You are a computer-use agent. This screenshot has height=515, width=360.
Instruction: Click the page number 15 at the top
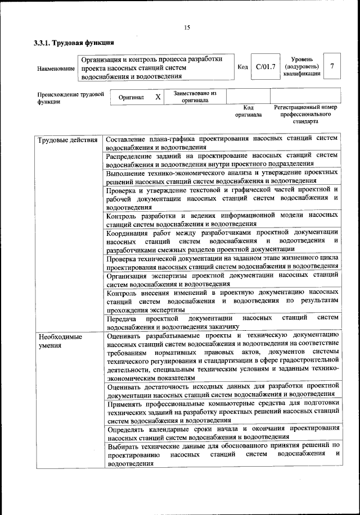(x=187, y=28)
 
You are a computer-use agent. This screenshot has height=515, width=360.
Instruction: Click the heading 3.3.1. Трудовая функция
(x=74, y=43)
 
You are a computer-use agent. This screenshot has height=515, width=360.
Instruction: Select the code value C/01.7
(x=265, y=67)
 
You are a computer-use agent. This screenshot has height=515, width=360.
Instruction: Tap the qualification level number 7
(x=332, y=66)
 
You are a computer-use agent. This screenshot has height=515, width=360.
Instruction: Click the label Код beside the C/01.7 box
(x=243, y=67)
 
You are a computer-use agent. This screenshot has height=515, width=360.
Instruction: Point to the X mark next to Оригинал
(x=158, y=97)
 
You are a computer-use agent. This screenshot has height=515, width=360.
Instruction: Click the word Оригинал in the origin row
(x=132, y=98)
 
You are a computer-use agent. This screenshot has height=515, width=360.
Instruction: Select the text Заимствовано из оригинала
(x=195, y=97)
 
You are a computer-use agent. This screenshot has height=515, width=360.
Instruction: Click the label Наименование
(x=56, y=69)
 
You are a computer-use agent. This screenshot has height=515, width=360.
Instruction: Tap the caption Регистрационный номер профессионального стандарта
(x=305, y=113)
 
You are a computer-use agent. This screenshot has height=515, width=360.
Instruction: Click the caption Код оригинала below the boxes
(x=249, y=110)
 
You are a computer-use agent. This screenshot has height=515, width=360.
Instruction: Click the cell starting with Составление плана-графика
(x=222, y=143)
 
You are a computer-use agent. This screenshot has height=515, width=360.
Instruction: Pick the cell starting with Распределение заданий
(x=222, y=160)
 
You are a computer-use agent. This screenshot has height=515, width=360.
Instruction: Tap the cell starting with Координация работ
(x=222, y=240)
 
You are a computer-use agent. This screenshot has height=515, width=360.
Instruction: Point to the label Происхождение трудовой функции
(x=70, y=98)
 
